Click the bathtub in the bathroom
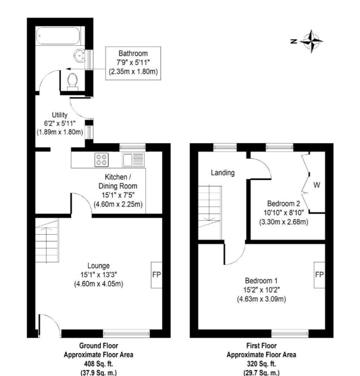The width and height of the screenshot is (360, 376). point(58,36)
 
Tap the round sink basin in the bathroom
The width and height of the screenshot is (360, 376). point(79,56)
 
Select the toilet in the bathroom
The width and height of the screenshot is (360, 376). point(72,81)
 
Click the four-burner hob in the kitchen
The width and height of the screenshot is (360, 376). point(101,160)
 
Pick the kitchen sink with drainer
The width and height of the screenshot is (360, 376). point(133,160)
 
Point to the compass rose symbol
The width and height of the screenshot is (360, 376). point(311,41)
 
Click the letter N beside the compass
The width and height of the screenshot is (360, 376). point(294,41)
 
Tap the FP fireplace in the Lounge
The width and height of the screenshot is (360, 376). point(156,275)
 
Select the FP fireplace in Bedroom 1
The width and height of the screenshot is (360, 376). point(319,275)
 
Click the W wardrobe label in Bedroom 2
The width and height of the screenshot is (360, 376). point(317,185)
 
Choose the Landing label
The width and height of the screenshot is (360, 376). point(223,173)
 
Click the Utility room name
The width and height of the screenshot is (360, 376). point(60,115)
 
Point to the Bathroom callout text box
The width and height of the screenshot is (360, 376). point(133,63)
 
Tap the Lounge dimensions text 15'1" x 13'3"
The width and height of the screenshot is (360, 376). point(99,275)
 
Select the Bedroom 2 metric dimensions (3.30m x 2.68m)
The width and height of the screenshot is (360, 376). point(283,222)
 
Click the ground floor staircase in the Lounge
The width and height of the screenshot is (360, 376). point(47,240)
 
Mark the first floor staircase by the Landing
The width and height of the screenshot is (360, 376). point(210,212)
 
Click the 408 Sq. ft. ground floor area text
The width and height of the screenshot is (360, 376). point(98,364)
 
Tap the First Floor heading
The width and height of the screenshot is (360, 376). point(261,346)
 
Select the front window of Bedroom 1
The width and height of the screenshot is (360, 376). point(290,333)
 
